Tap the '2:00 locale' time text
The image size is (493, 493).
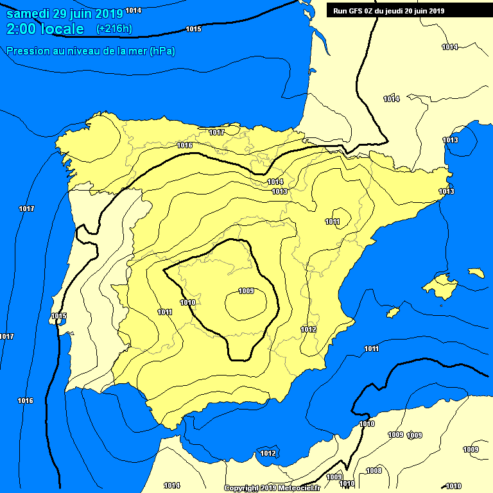click(45, 29)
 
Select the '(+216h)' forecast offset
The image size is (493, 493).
click(114, 29)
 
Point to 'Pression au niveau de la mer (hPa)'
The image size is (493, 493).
click(91, 51)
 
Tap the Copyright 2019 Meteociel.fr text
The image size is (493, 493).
click(281, 489)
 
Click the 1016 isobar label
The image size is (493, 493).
click(25, 401)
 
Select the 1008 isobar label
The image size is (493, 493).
click(374, 471)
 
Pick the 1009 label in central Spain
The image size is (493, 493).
click(246, 291)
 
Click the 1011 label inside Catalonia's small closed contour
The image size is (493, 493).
click(333, 222)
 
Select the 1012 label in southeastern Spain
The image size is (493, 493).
click(309, 329)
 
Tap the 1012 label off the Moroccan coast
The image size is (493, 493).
click(268, 453)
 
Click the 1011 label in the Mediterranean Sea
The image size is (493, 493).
click(371, 349)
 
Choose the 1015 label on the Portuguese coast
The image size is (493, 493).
click(58, 316)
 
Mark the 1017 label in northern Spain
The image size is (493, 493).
click(216, 132)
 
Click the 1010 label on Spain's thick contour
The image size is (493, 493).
click(187, 302)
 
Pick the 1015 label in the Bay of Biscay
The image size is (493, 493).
click(193, 29)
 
